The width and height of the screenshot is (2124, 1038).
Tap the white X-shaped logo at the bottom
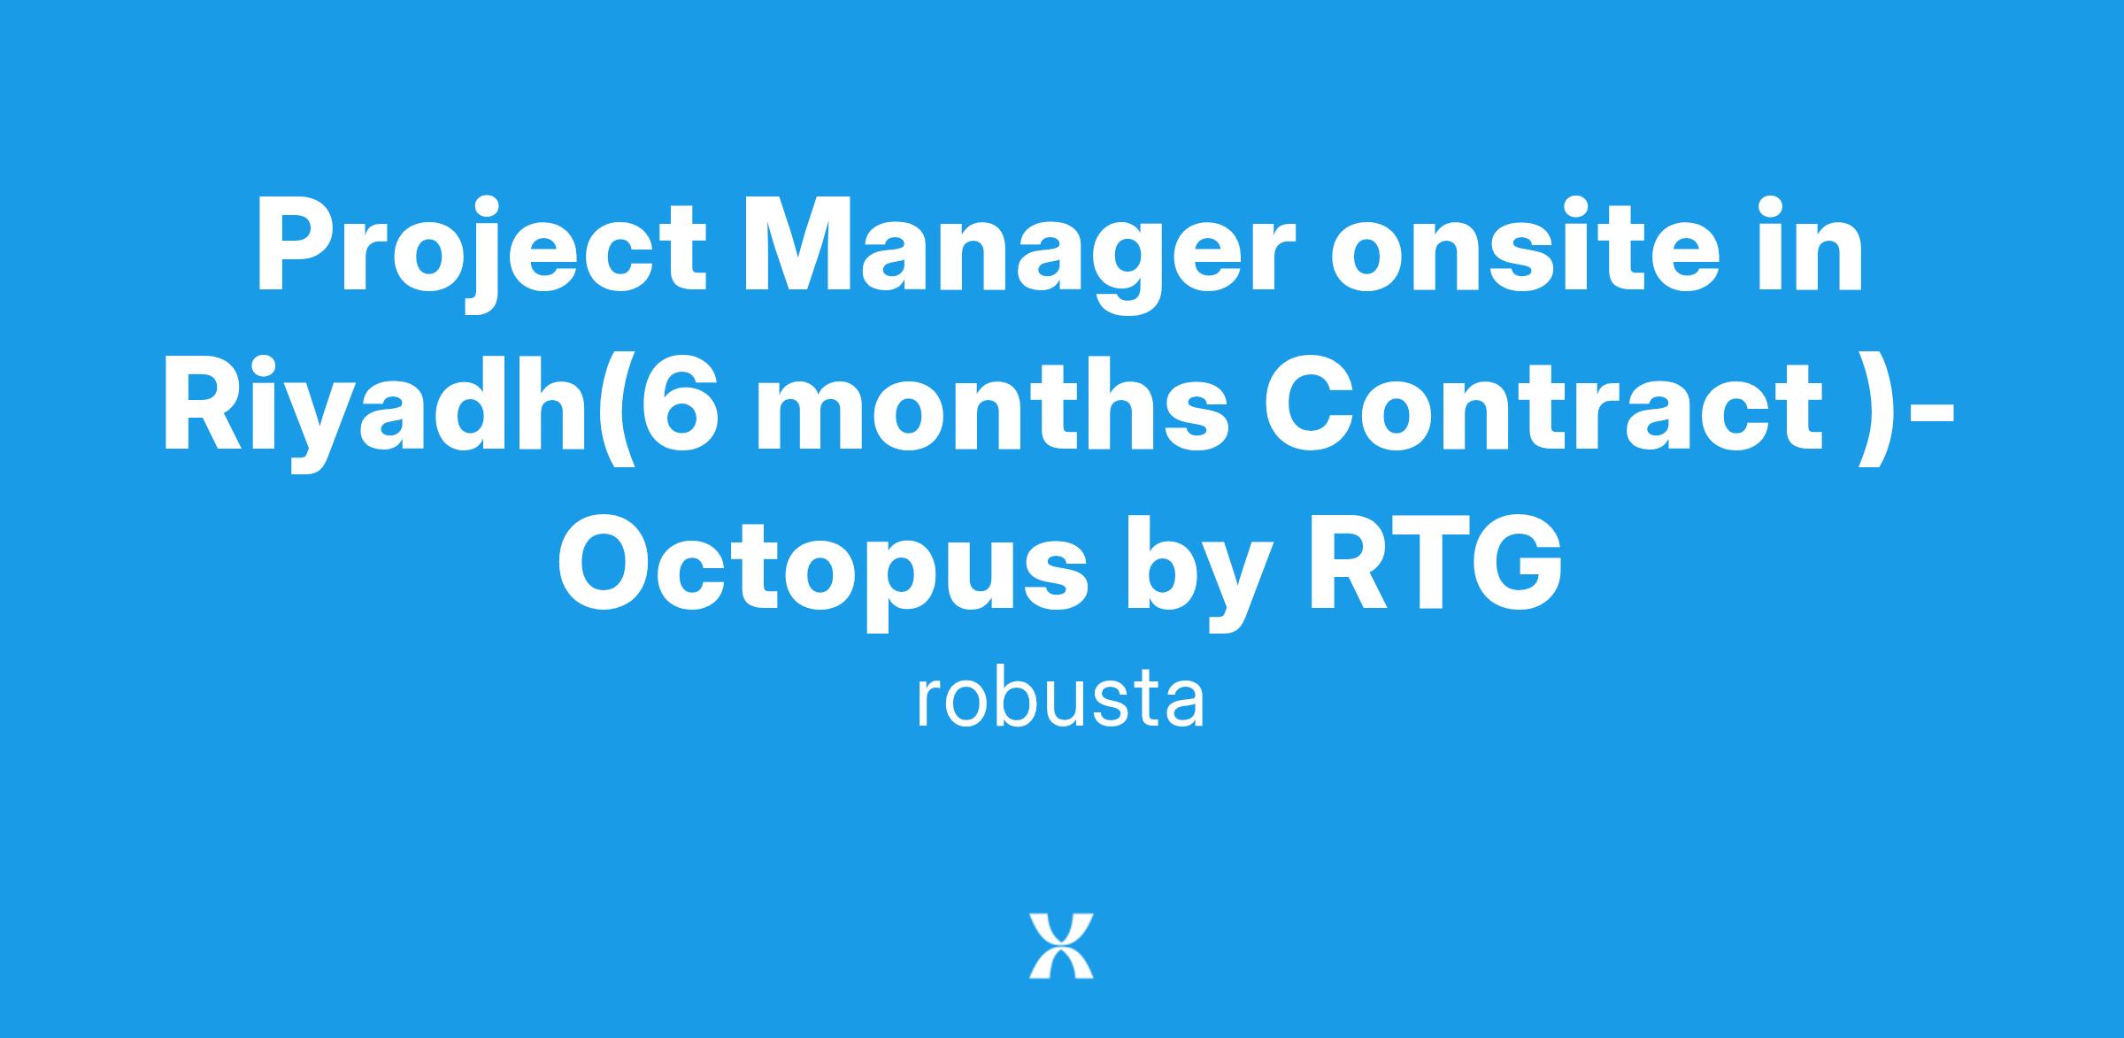[1061, 946]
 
